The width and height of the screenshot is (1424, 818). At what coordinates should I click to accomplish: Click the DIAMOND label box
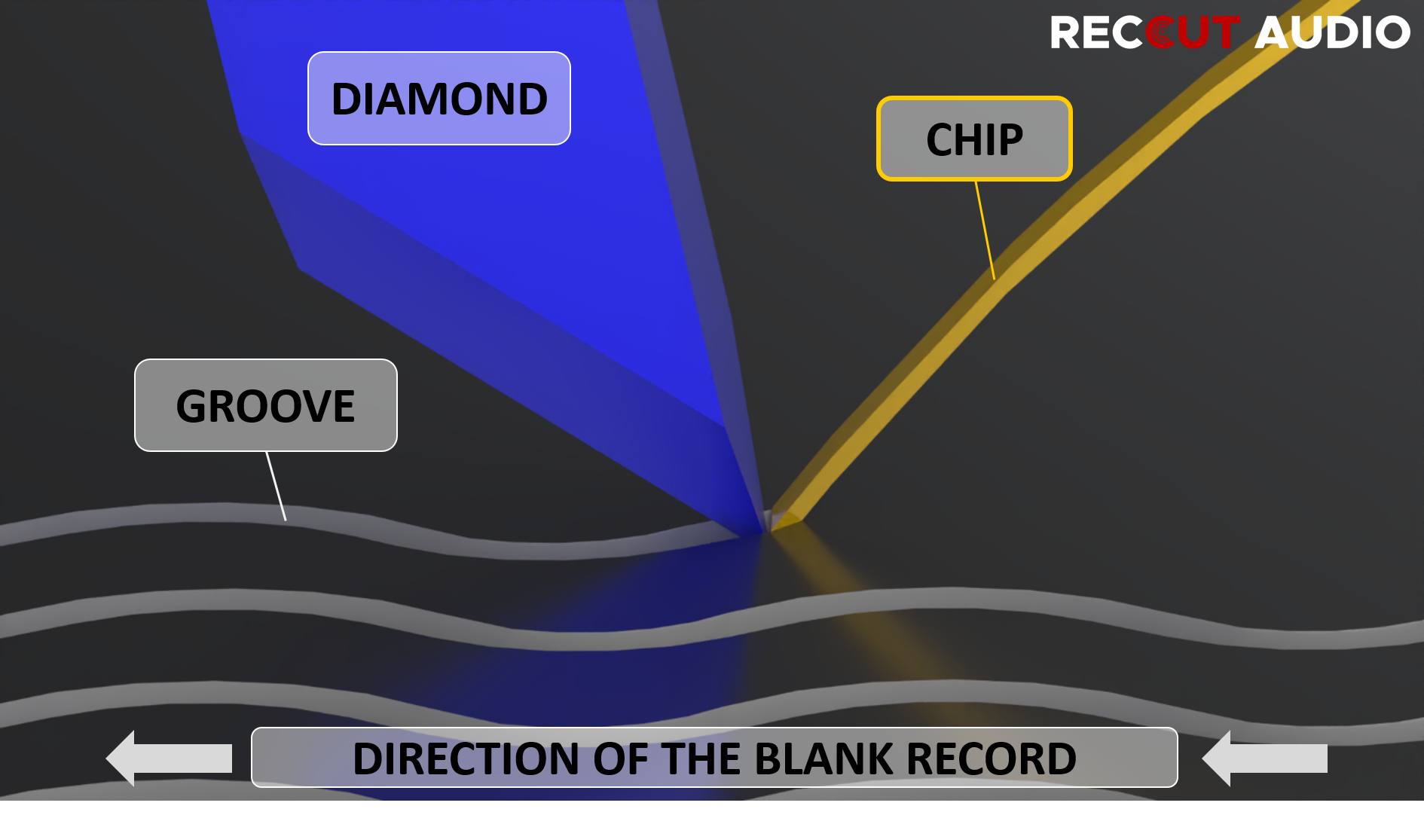pyautogui.click(x=439, y=98)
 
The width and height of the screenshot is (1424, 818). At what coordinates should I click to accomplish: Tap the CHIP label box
pyautogui.click(x=973, y=139)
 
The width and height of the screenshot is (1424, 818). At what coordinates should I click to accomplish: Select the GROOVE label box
pyautogui.click(x=265, y=405)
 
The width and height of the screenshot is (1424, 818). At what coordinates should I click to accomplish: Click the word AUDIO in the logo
pyautogui.click(x=1332, y=33)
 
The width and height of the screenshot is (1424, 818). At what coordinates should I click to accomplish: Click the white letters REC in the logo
pyautogui.click(x=1096, y=33)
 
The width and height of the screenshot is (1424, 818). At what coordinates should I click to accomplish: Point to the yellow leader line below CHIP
pyautogui.click(x=985, y=230)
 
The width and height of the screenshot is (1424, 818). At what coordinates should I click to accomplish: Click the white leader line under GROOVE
pyautogui.click(x=276, y=486)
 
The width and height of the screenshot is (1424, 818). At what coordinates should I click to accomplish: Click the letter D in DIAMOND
pyautogui.click(x=347, y=99)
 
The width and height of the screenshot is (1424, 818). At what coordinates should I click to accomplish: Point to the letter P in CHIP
pyautogui.click(x=1010, y=139)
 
